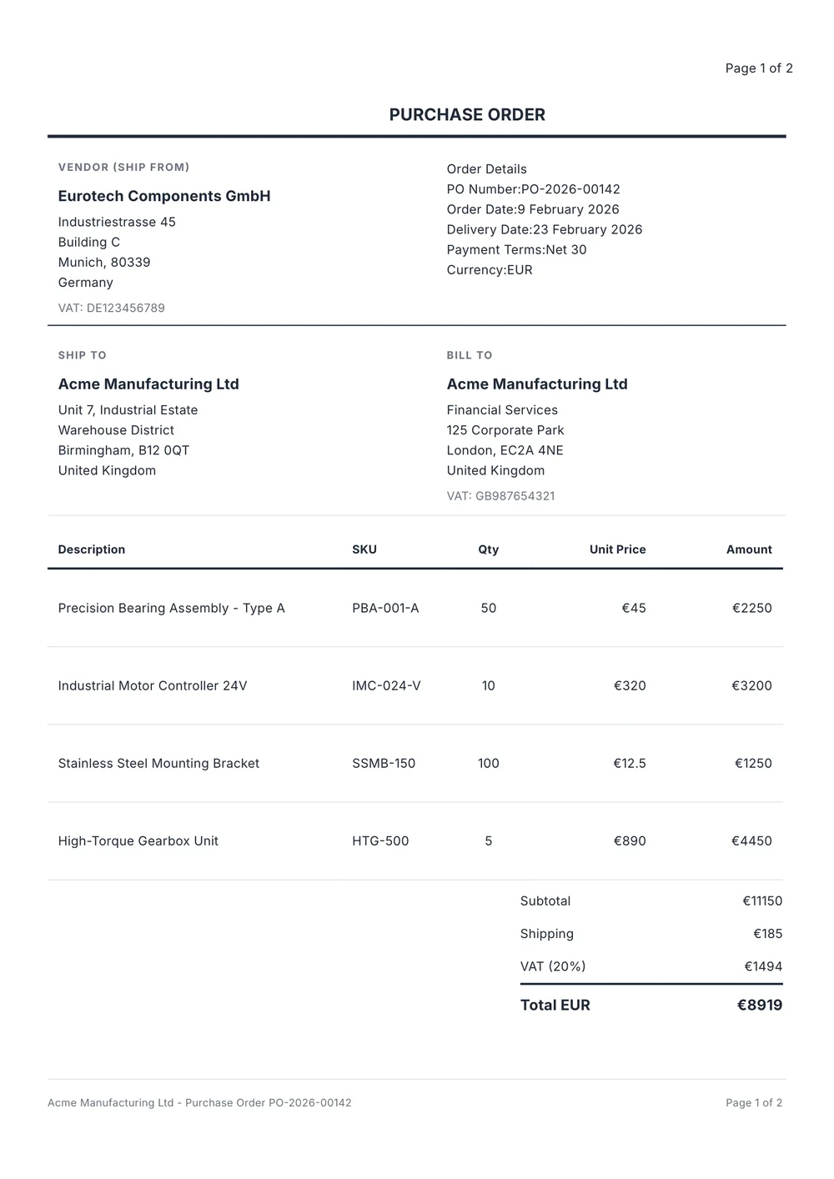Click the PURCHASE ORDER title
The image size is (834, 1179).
(x=467, y=115)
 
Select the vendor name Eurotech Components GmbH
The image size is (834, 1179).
(x=164, y=196)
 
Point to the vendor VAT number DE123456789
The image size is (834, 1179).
(x=112, y=308)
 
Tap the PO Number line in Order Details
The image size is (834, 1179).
(x=533, y=189)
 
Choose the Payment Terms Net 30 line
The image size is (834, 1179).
(x=516, y=249)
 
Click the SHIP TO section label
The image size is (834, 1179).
(x=83, y=355)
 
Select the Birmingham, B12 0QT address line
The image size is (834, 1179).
(x=123, y=450)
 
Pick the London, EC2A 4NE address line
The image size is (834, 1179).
(x=505, y=450)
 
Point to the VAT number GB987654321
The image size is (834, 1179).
(x=500, y=495)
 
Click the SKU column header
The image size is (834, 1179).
(x=364, y=549)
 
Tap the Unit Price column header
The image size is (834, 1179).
(x=617, y=549)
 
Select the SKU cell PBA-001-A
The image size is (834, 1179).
(x=385, y=608)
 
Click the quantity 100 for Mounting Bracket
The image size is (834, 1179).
(x=488, y=763)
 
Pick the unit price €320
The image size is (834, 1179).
(x=630, y=685)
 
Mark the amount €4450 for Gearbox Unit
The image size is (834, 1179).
(x=751, y=840)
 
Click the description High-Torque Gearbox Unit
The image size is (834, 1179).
(x=138, y=840)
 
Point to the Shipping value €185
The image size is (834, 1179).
(x=767, y=934)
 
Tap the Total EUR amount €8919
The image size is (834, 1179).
(x=759, y=1005)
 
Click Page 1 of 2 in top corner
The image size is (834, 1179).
(x=759, y=68)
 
